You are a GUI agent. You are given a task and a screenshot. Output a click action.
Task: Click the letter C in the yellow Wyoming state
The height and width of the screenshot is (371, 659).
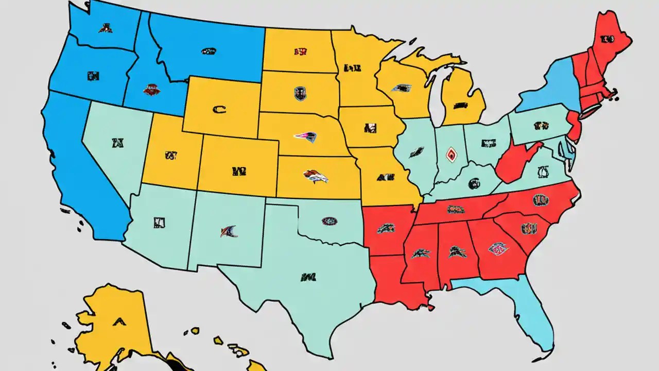tap(219, 109)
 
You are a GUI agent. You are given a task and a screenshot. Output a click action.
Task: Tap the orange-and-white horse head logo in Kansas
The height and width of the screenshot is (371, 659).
tap(316, 177)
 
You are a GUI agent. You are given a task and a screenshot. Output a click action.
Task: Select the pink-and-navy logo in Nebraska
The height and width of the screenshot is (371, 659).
tap(305, 137)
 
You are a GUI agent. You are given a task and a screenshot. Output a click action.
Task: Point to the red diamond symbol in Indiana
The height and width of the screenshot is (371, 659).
tap(451, 154)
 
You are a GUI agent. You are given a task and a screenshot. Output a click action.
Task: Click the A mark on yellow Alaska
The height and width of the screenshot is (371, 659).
tap(119, 321)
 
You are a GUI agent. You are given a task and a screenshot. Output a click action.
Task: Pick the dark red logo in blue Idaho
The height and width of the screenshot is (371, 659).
tap(152, 90)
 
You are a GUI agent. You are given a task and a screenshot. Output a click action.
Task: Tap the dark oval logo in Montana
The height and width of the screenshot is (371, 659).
tap(209, 51)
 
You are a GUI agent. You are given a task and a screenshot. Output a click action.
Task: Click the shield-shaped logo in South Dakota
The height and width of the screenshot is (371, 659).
tap(300, 93)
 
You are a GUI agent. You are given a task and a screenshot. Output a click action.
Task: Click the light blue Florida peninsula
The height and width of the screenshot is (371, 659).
tap(530, 314)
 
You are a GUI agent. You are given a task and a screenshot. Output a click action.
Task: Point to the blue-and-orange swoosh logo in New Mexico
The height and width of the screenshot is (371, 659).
tap(229, 231)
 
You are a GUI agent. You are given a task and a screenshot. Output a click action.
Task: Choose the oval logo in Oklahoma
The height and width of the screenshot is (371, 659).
tap(329, 222)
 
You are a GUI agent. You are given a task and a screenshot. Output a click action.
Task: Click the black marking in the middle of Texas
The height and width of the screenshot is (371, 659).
tap(308, 277)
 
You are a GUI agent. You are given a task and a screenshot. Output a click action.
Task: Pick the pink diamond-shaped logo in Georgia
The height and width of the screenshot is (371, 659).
tap(498, 249)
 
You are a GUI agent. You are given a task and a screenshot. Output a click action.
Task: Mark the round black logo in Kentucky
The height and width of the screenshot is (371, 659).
tap(473, 183)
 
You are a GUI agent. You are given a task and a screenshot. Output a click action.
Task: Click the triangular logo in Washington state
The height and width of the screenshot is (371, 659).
tap(106, 28)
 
